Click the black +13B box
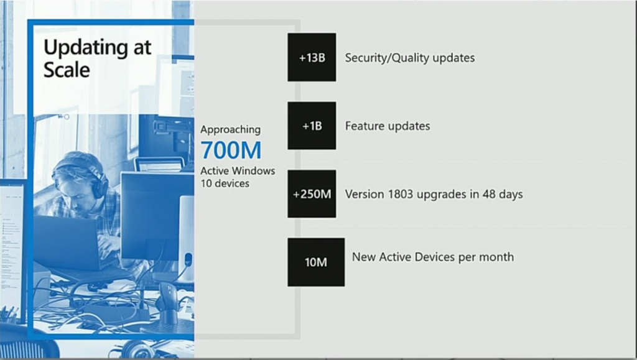[x=312, y=57]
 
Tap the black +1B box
[x=312, y=126]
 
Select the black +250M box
[x=312, y=193]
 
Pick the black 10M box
[x=316, y=262]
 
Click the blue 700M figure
[x=231, y=150]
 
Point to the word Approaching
[x=230, y=130]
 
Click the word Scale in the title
[x=67, y=70]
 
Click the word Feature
[x=363, y=126]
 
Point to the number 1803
[x=401, y=194]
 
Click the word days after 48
[x=511, y=195]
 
